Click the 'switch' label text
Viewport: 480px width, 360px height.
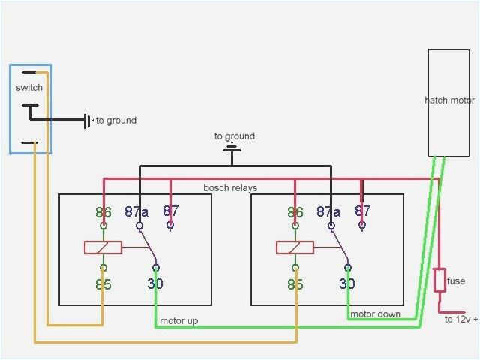tap(29, 88)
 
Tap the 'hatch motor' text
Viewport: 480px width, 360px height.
tap(449, 100)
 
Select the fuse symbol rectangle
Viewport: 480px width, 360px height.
tap(439, 280)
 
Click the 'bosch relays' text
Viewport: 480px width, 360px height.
tap(229, 187)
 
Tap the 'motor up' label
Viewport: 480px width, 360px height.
tap(178, 321)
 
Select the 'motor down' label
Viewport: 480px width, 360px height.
tap(375, 313)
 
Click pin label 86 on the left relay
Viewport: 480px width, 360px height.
tap(103, 212)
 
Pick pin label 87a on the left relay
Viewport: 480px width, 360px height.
tap(137, 212)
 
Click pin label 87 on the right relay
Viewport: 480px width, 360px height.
tap(362, 211)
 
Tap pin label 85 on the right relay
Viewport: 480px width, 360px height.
tap(296, 284)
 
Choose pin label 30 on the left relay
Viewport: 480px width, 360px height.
tap(154, 283)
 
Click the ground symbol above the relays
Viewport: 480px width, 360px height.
tap(234, 151)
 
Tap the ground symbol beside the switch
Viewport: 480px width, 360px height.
tap(88, 120)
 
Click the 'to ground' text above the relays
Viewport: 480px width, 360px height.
tap(234, 136)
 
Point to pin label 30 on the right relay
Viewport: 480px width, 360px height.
tap(346, 283)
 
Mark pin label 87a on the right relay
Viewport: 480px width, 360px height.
tap(329, 212)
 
